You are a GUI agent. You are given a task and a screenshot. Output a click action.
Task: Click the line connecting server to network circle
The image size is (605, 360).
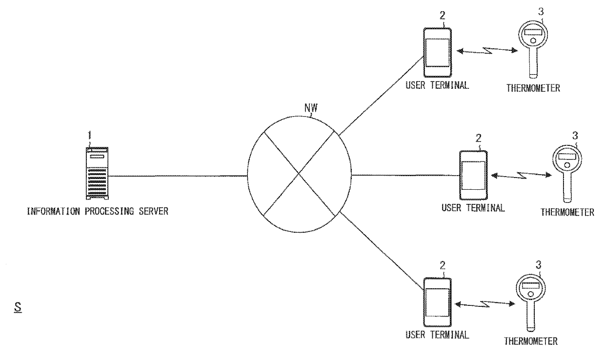[178, 176]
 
